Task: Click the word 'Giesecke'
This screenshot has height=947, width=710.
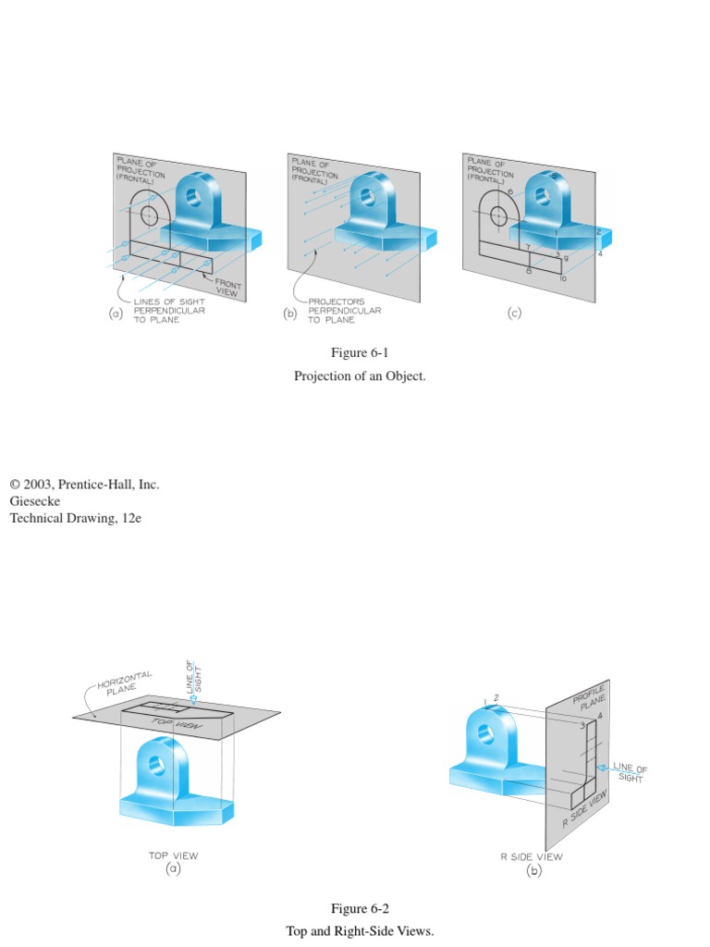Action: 35,501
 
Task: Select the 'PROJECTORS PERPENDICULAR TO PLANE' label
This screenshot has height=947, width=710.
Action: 345,311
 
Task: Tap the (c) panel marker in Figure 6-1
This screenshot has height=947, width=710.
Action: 514,313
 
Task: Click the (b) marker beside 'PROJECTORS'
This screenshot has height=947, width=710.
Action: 290,314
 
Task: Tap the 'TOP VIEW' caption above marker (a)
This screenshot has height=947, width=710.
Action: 174,855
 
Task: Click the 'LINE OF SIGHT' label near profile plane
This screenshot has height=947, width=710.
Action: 630,772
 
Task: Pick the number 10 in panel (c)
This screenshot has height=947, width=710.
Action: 563,277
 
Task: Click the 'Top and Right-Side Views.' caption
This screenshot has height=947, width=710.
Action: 360,931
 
